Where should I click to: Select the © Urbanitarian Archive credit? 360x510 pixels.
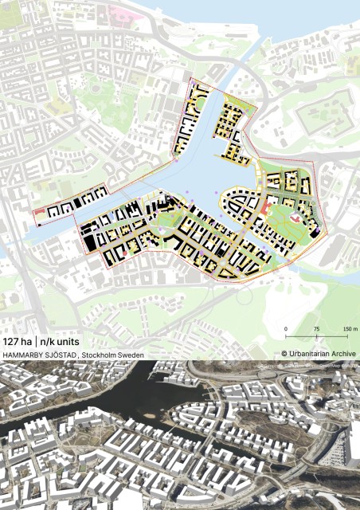pos(319,353)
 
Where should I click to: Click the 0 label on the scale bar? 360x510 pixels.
pos(286,328)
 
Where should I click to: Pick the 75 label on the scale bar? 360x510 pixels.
pos(316,328)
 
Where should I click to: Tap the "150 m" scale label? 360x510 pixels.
pos(350,328)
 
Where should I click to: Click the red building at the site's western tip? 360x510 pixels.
pos(39,212)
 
